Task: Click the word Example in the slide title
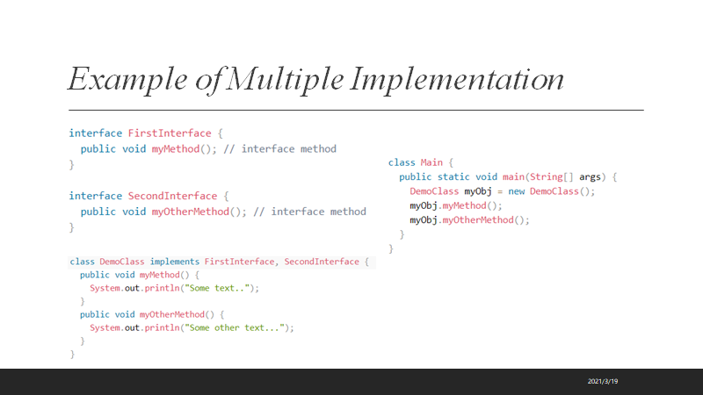point(116,80)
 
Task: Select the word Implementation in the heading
point(457,80)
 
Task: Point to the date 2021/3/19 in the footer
point(604,381)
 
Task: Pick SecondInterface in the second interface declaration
point(170,196)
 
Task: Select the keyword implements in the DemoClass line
point(175,262)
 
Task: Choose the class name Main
point(431,162)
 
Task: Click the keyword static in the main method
point(454,176)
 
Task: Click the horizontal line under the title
point(356,110)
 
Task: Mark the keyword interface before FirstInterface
point(96,133)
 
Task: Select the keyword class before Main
point(402,162)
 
